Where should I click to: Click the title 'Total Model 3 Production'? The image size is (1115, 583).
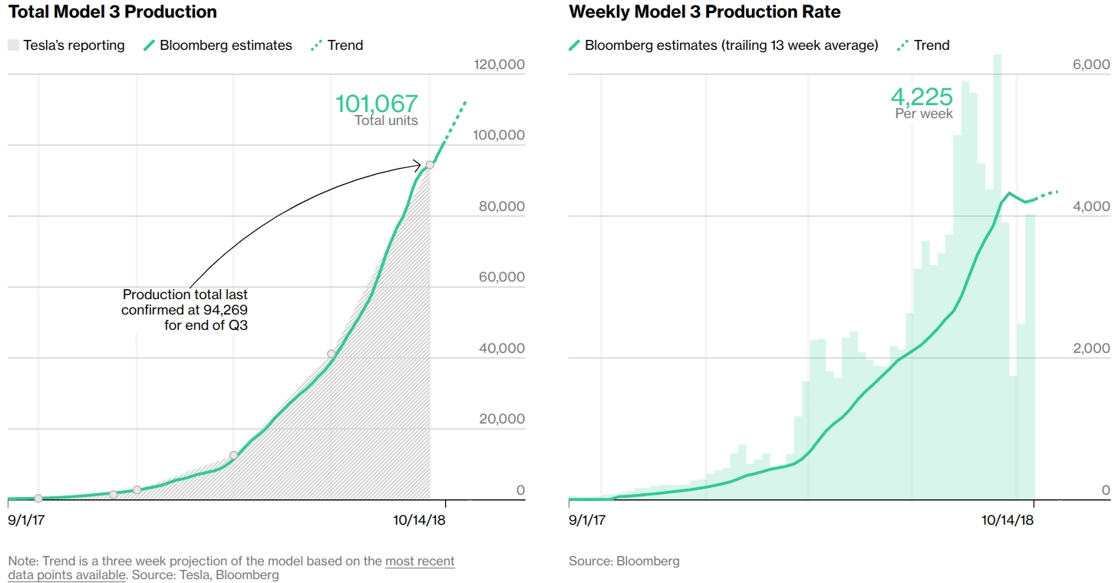[112, 12]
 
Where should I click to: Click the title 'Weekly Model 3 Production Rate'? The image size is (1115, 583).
[704, 12]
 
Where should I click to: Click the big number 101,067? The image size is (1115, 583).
[376, 104]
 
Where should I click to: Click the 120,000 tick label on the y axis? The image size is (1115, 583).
[500, 64]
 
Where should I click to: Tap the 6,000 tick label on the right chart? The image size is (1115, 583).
[1090, 64]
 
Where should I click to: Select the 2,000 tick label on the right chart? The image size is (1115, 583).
[1090, 348]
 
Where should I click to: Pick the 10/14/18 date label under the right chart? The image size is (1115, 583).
[1008, 520]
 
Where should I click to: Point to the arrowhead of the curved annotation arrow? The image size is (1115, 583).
[418, 164]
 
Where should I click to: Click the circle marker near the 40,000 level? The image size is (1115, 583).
[332, 354]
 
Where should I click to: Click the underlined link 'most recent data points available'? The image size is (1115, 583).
[420, 561]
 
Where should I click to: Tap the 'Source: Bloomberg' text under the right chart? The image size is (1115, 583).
[624, 561]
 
